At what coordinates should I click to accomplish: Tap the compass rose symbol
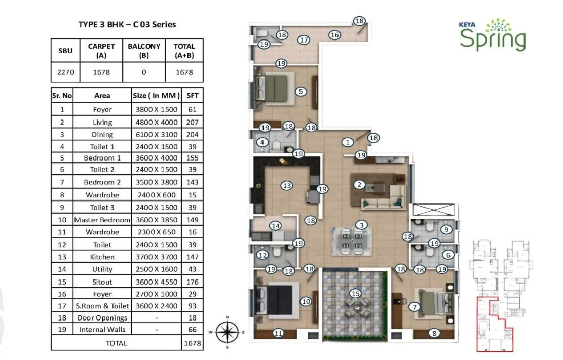coord(228,332)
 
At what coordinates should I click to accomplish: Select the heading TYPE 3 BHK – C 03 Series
coord(127,24)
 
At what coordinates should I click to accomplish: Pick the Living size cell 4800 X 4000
coord(157,122)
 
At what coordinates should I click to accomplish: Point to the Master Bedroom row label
coord(102,220)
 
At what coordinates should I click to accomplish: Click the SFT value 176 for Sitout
coord(192,282)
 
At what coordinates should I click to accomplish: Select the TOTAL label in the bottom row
coord(117,343)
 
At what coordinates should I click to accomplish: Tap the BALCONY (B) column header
coord(144,51)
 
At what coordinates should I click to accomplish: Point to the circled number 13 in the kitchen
coord(287,186)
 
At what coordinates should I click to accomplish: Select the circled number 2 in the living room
coord(359,184)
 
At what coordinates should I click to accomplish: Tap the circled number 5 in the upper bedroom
coord(301,92)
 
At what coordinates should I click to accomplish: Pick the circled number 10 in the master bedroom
coord(306,301)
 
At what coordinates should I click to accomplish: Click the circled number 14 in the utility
coord(275,226)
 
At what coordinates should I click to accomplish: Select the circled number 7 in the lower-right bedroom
coord(415,306)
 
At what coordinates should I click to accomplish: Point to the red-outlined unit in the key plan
coord(494,324)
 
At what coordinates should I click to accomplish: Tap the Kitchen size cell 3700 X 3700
coord(157,257)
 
